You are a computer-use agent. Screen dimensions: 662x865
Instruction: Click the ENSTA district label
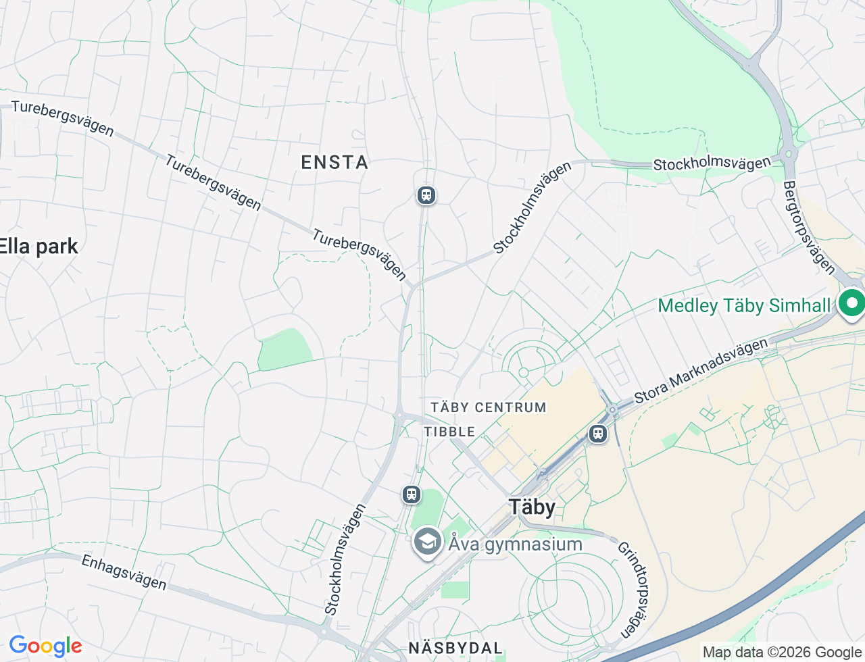[335, 162]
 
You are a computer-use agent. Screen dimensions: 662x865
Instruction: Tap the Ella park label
[39, 247]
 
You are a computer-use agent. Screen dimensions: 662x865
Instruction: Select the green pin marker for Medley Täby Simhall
[851, 303]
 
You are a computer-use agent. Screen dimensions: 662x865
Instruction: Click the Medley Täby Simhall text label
[743, 306]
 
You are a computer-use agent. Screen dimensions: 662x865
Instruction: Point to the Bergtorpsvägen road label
[809, 227]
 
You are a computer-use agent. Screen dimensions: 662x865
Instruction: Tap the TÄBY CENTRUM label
[488, 407]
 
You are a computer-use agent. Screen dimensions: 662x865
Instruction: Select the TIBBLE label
[449, 432]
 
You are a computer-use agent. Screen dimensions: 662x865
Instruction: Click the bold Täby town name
[532, 507]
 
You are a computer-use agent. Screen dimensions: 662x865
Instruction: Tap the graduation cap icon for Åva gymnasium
[427, 542]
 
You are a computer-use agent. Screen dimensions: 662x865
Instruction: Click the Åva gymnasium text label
[515, 544]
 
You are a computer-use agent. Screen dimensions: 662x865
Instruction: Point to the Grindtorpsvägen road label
[635, 590]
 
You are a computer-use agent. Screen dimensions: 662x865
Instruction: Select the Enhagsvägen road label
[124, 572]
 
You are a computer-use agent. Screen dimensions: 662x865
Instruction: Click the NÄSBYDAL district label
[455, 648]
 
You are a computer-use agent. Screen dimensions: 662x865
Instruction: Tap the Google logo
[45, 646]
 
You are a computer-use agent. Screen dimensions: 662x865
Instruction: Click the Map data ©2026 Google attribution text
[781, 652]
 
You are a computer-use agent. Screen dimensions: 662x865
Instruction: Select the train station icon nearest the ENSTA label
[426, 195]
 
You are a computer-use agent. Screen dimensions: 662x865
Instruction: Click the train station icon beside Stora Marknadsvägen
[597, 434]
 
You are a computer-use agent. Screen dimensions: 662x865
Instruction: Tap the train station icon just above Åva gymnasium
[412, 494]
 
